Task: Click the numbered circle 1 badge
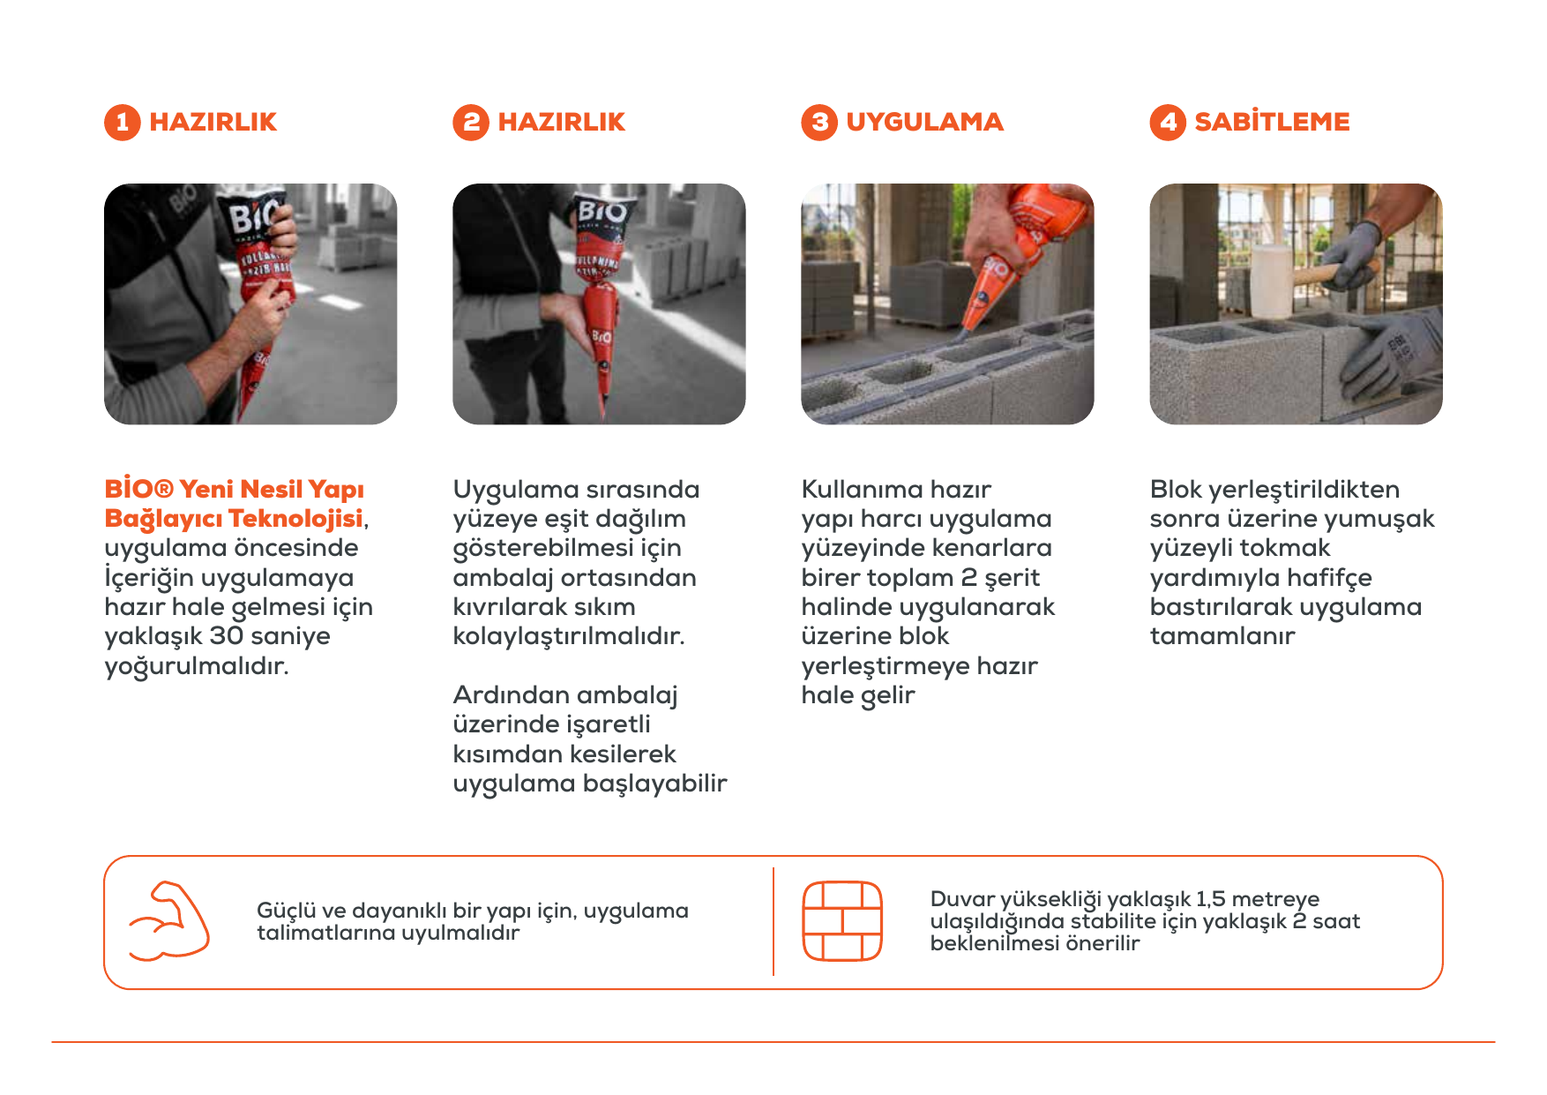coord(123,123)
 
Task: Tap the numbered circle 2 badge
coord(471,123)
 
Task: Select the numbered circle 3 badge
coord(819,123)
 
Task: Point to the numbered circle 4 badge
coord(1168,123)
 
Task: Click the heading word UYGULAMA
coord(924,122)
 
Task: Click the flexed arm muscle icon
coord(168,920)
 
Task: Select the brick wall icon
coord(842,920)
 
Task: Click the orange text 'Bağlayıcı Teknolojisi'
coord(234,519)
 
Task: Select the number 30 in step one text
coord(226,636)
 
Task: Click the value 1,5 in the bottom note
coord(1210,899)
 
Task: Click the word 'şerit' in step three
coord(1012,578)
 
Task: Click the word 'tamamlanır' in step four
coord(1222,636)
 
